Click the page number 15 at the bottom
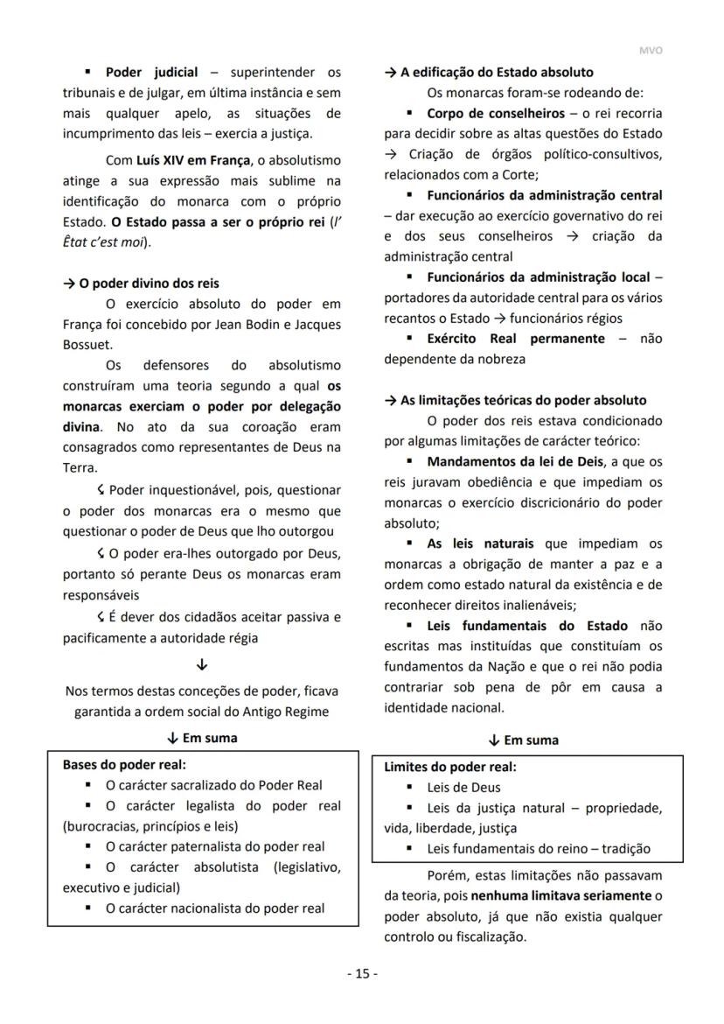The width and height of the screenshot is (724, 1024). [x=362, y=973]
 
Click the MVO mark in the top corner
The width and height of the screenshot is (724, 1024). [x=651, y=51]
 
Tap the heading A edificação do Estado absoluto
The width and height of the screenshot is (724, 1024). [x=495, y=73]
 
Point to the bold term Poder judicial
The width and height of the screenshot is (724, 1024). [x=151, y=73]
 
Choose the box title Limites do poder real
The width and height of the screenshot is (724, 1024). [x=449, y=767]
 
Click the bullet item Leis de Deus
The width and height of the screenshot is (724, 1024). [x=463, y=787]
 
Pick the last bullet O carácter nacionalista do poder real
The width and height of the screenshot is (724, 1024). [x=214, y=908]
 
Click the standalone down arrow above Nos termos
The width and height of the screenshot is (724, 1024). [x=202, y=664]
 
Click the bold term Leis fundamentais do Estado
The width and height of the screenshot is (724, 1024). [x=526, y=626]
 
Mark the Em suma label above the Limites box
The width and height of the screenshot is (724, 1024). [x=531, y=740]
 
